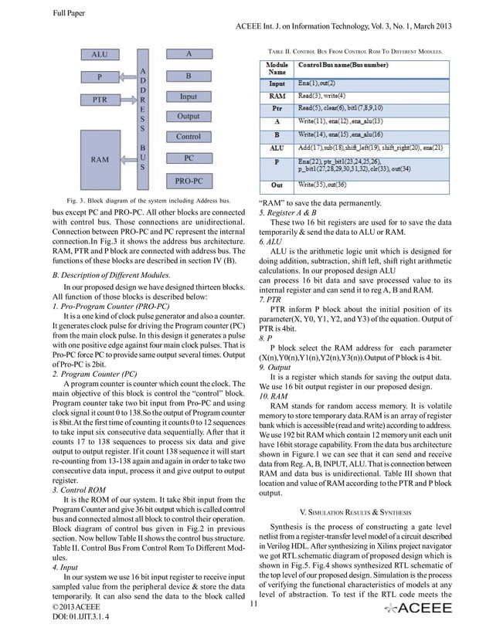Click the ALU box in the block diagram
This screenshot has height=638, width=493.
[x=99, y=55]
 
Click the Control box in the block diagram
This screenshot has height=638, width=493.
[x=188, y=137]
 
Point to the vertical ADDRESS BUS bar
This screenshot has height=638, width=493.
[x=142, y=117]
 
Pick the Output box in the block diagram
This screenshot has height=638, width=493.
[x=188, y=117]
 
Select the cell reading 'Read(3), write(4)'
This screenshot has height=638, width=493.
[x=326, y=96]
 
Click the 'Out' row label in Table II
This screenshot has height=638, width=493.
[x=276, y=185]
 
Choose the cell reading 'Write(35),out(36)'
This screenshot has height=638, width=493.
[x=333, y=185]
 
